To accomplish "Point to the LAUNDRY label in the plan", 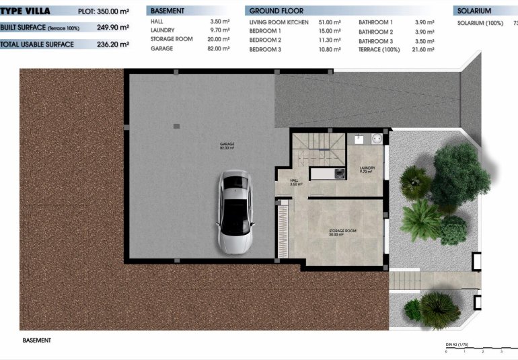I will pos(367,169).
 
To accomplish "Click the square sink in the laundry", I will pos(359,140).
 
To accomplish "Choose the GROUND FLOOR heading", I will pos(276,11).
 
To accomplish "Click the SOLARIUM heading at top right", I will pos(474,11).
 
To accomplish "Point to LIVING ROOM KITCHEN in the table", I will pos(279,22).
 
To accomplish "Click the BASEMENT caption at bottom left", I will pos(36,340).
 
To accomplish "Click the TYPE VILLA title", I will pos(26,11).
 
